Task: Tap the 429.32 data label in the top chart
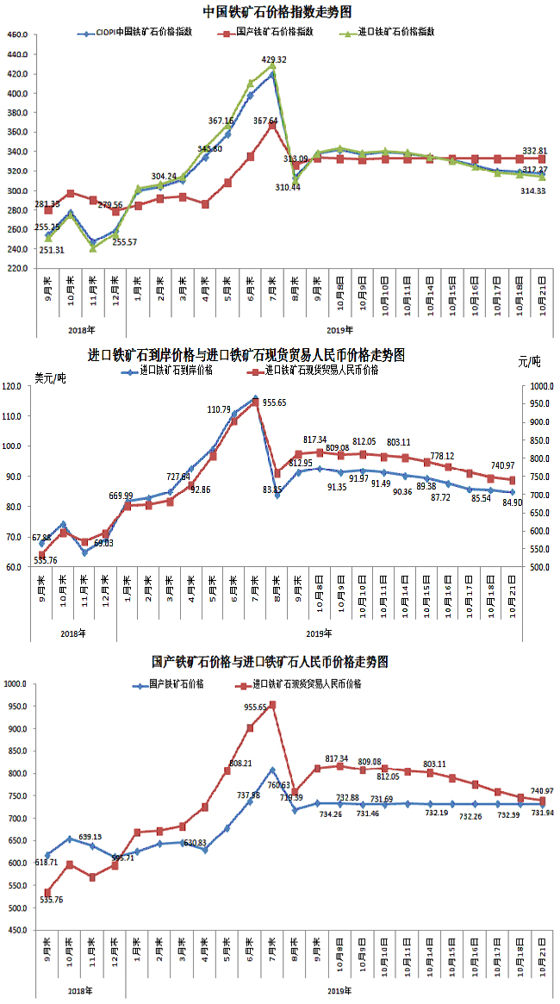tap(273, 59)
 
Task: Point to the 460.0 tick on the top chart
tap(17, 34)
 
